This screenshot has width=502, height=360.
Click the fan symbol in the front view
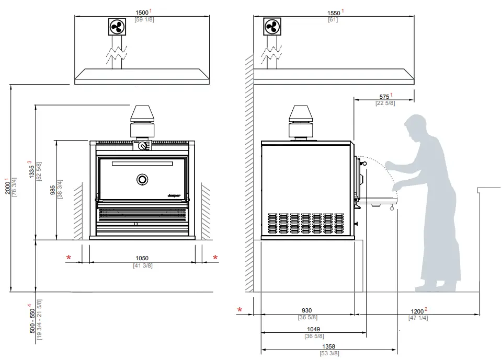116,27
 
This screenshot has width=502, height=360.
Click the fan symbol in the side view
272,27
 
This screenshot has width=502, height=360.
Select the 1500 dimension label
141,12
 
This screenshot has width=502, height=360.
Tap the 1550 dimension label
333,12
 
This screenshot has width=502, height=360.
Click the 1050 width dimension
142,258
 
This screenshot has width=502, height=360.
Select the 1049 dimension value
313,330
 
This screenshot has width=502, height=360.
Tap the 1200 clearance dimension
417,311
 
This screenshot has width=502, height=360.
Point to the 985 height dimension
53,189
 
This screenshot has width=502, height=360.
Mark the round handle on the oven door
142,180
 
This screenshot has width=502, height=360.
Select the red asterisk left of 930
240,310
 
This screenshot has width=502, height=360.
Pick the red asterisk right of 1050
215,257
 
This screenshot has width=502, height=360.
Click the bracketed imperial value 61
333,20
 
